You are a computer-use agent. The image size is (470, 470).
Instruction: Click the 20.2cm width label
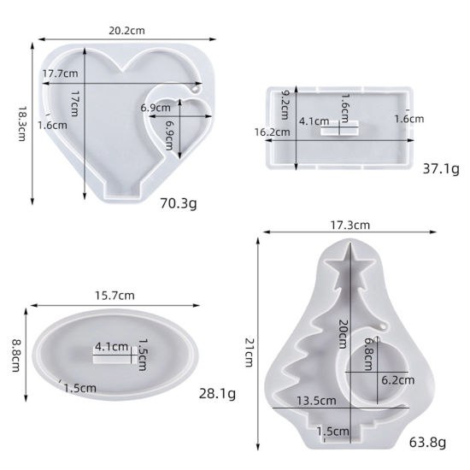pyautogui.click(x=126, y=31)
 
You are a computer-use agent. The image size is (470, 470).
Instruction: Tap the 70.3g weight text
pyautogui.click(x=179, y=203)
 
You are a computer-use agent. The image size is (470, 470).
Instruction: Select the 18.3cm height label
pyautogui.click(x=22, y=124)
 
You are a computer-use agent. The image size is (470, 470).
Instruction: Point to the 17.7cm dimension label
pyautogui.click(x=60, y=73)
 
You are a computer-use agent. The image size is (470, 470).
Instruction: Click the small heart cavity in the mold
pyautogui.click(x=179, y=123)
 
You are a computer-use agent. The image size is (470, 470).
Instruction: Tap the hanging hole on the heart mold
pyautogui.click(x=195, y=90)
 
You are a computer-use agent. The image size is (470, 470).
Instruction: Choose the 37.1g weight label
pyautogui.click(x=441, y=169)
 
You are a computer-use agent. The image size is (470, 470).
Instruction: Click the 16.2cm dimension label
pyautogui.click(x=272, y=132)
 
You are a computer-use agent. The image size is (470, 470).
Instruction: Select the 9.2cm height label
pyautogui.click(x=285, y=105)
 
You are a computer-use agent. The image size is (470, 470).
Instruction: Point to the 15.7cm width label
pyautogui.click(x=115, y=296)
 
